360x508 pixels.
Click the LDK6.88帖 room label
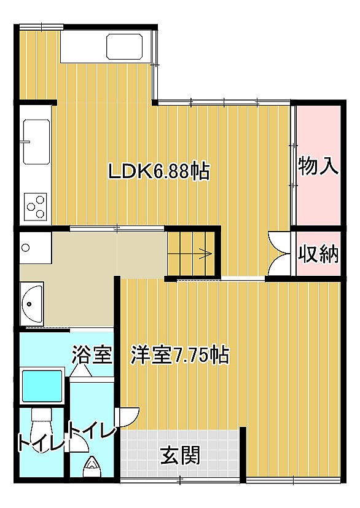point(158,171)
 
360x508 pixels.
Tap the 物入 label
point(318,166)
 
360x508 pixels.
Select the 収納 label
point(318,254)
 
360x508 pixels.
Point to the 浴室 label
point(92,355)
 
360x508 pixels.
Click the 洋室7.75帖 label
point(180,356)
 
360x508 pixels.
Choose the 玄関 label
point(180,455)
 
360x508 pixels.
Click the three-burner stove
point(36,206)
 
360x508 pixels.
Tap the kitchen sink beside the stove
point(36,141)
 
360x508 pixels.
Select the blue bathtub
point(42,386)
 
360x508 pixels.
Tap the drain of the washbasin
point(29,304)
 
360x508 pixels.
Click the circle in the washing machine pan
point(25,248)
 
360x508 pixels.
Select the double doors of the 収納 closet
point(280,253)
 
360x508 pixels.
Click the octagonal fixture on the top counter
point(125,46)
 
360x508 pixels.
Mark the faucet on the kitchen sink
point(25,141)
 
